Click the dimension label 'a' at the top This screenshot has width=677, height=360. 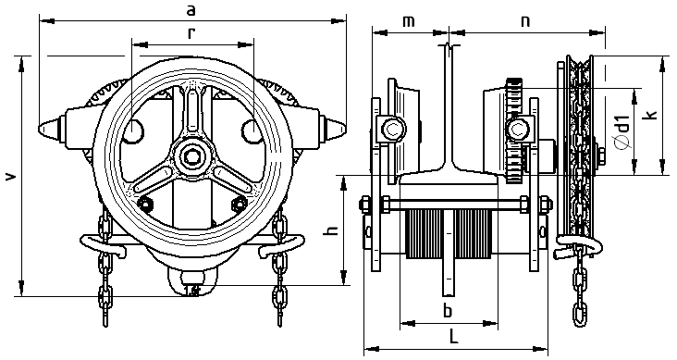point(191,10)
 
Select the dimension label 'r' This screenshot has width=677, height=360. point(191,33)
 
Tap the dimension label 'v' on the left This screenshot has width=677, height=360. point(12,176)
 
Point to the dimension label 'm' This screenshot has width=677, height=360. point(409,21)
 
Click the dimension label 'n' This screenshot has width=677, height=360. point(525,21)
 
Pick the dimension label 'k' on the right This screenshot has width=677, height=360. point(651,114)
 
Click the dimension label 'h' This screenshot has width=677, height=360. point(332,230)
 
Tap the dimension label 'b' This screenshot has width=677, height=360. point(449,310)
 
